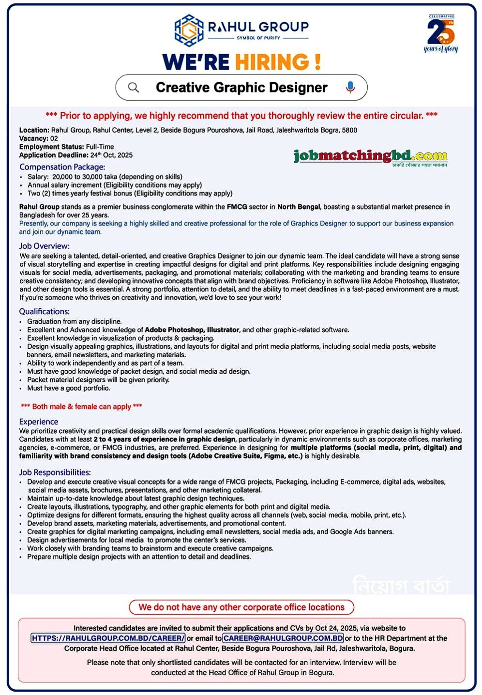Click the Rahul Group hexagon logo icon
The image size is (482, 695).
click(189, 30)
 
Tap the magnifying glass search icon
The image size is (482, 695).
click(134, 88)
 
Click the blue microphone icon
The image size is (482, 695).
click(350, 87)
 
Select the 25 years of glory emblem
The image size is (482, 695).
click(441, 33)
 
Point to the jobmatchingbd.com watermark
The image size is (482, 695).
click(370, 156)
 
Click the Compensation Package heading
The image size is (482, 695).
click(62, 167)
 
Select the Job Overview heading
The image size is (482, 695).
click(45, 246)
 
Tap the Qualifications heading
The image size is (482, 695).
click(45, 312)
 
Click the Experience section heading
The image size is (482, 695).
click(39, 422)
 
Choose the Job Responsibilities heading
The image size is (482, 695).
click(55, 472)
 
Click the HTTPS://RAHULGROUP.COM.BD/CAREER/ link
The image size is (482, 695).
click(108, 638)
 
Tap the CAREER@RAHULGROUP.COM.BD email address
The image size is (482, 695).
click(283, 638)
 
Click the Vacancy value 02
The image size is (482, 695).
click(54, 138)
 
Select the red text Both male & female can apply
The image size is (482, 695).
click(81, 407)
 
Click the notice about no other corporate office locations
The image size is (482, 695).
click(241, 607)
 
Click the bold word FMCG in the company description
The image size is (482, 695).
click(237, 207)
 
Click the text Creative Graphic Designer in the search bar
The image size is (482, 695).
click(241, 88)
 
